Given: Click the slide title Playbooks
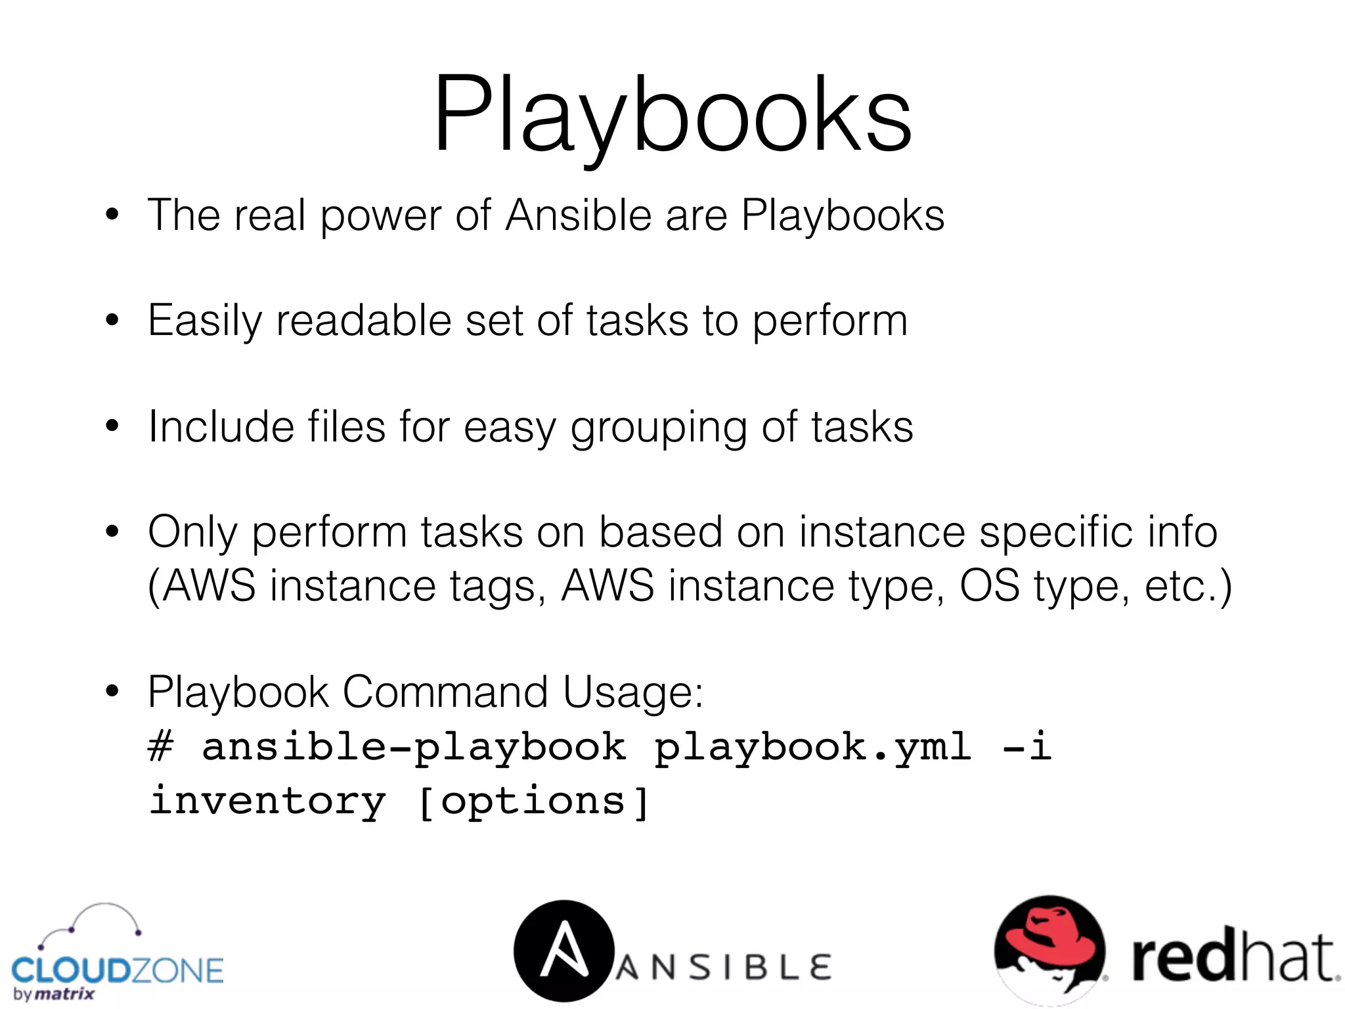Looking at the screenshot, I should tap(672, 115).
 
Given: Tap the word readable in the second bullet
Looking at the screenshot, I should tap(363, 321).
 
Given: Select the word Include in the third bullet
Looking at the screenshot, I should tap(221, 427).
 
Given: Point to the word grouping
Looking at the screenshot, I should tap(658, 428).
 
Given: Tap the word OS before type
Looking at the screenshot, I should tap(990, 585).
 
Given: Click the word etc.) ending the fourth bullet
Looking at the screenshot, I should tap(1187, 585).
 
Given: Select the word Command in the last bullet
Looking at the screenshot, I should tap(445, 692).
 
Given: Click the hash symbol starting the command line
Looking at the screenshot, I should tap(161, 747).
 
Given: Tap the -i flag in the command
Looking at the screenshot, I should tap(1027, 747).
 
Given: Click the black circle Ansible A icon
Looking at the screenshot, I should tap(563, 950).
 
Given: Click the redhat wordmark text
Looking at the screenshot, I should tap(1233, 958).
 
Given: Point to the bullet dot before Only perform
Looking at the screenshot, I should tap(113, 531).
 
